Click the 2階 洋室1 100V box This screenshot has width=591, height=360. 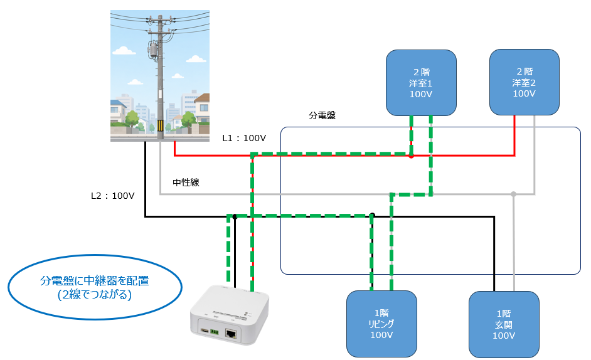tap(421, 83)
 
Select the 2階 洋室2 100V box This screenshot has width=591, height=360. tap(524, 82)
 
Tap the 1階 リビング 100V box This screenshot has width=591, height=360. tap(381, 324)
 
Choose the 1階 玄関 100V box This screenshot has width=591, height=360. tap(504, 324)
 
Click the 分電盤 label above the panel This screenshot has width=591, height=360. tap(322, 115)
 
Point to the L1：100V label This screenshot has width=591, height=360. tap(244, 139)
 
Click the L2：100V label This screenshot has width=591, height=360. tap(113, 196)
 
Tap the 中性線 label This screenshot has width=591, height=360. tap(186, 183)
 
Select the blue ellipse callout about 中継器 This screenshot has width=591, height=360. tap(95, 287)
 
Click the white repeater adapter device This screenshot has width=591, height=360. tap(230, 315)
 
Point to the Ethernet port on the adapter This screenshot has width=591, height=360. tap(231, 333)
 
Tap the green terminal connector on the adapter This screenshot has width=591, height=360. tap(215, 332)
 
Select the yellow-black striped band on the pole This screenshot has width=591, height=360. tap(160, 125)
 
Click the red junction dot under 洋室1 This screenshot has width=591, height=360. tap(411, 156)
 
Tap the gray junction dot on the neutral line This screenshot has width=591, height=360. tap(513, 194)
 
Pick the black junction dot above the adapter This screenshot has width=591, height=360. tap(235, 217)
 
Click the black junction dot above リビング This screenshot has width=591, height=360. tap(372, 216)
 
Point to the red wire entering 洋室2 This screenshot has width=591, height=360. tap(514, 135)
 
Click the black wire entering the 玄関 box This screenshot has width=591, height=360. tap(494, 254)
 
